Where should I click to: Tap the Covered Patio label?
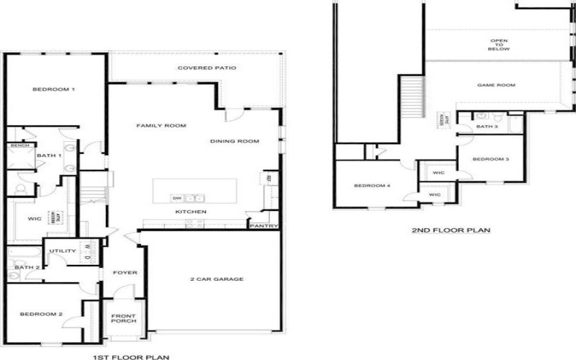pyautogui.click(x=207, y=68)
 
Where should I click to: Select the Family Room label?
pyautogui.click(x=161, y=125)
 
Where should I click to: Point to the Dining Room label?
pyautogui.click(x=234, y=141)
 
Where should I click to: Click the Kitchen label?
pyautogui.click(x=192, y=212)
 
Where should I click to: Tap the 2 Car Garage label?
pyautogui.click(x=217, y=279)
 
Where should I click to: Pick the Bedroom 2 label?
pyautogui.click(x=42, y=314)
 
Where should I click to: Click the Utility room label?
pyautogui.click(x=63, y=251)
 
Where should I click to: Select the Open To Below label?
pyautogui.click(x=500, y=45)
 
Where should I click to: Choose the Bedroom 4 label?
pyautogui.click(x=372, y=186)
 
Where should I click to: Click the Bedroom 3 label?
pyautogui.click(x=491, y=158)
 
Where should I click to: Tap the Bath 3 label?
pyautogui.click(x=487, y=127)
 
